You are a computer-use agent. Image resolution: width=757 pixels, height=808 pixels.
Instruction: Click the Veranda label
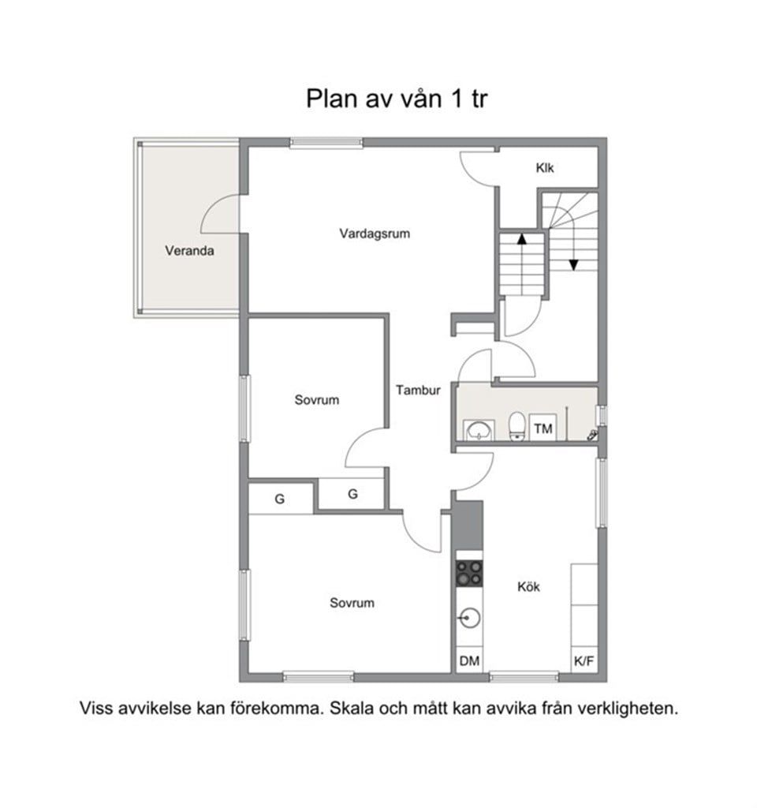click(x=190, y=251)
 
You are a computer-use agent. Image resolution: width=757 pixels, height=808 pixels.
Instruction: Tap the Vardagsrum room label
click(x=375, y=234)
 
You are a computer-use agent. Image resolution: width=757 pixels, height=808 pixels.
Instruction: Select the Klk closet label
click(x=545, y=168)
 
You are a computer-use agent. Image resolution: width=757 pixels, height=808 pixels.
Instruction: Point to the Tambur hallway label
click(x=418, y=390)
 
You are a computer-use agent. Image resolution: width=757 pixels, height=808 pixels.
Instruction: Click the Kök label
click(x=528, y=586)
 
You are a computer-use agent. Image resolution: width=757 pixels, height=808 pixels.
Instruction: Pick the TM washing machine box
click(x=543, y=428)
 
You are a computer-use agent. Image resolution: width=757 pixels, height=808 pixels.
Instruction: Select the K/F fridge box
click(x=584, y=660)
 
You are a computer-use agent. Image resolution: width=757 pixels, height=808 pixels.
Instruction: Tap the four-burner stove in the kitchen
click(x=470, y=572)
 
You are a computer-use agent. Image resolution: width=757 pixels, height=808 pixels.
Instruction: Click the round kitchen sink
click(x=470, y=618)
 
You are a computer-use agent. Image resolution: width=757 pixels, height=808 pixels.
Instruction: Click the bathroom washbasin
click(x=479, y=430)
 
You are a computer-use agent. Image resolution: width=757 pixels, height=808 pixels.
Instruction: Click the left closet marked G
click(x=280, y=499)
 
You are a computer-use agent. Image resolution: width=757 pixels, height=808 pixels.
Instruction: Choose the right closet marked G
click(x=352, y=494)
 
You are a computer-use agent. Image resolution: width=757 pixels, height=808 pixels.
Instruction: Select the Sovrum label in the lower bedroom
click(x=352, y=603)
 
